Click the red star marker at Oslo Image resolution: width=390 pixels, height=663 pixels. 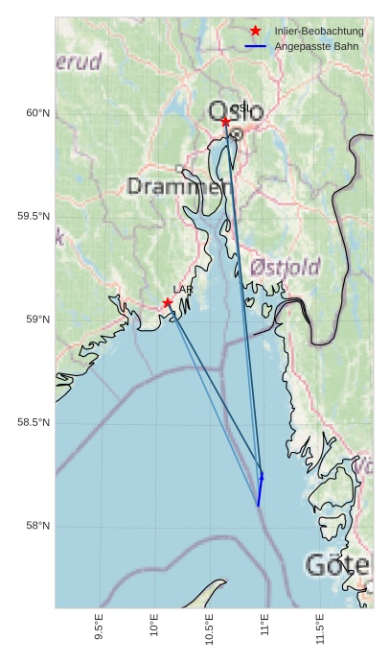coord(225,121)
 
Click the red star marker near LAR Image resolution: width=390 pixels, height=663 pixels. coord(168,302)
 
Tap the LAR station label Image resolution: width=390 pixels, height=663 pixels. coord(182,289)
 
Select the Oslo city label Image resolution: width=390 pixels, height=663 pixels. coord(237,112)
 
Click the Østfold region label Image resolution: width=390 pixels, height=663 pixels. coord(285,267)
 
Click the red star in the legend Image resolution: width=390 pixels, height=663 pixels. coord(255,31)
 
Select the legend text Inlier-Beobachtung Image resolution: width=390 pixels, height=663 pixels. coord(318,31)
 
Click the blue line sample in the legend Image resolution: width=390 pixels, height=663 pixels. coord(255,46)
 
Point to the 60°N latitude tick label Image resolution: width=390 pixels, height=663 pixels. coord(37,113)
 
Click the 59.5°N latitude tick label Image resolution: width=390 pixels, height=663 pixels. coord(34,216)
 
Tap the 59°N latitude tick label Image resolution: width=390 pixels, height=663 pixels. coord(37,320)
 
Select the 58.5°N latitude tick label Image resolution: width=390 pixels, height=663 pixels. coord(34,423)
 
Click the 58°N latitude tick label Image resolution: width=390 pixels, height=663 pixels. coord(37,526)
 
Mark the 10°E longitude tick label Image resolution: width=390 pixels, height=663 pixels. coord(154,624)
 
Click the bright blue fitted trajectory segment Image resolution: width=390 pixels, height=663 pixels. coord(260,489)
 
